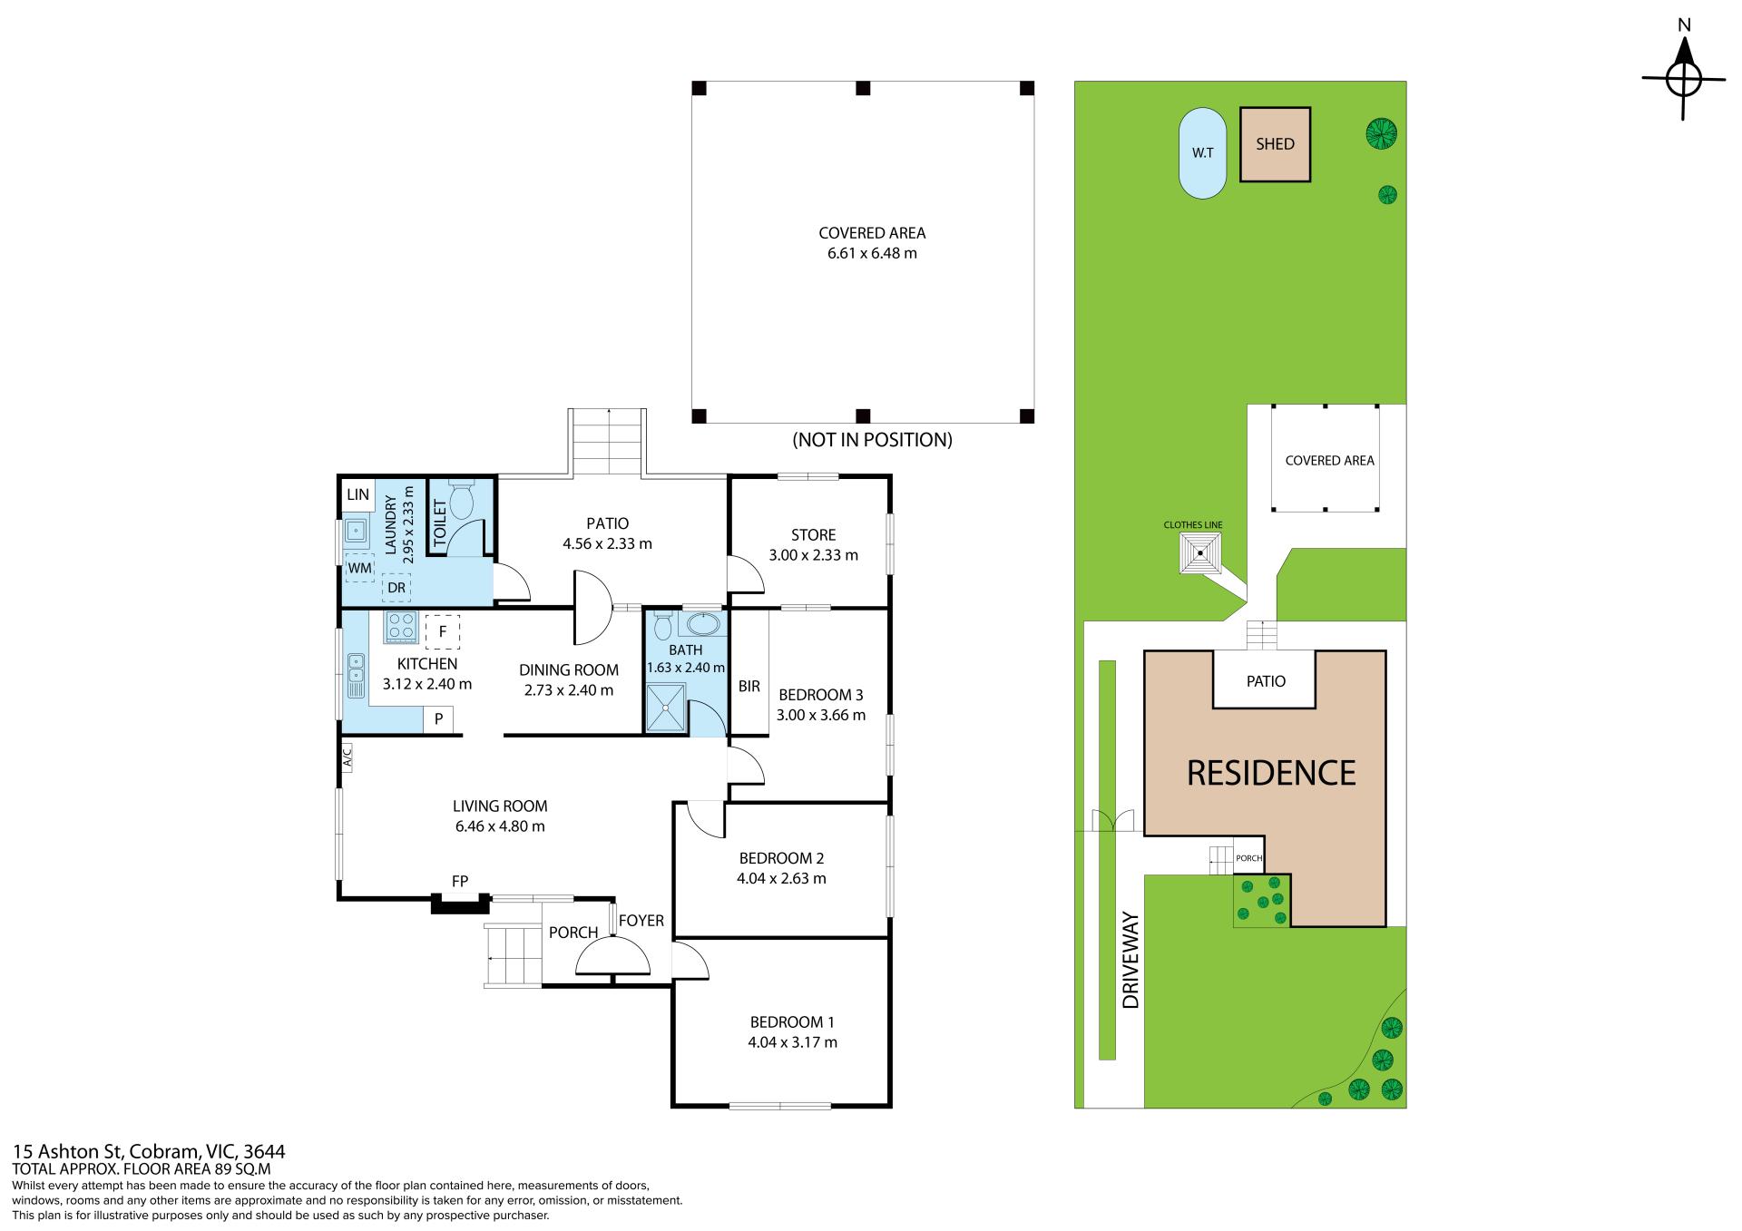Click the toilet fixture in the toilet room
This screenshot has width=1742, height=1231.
[463, 496]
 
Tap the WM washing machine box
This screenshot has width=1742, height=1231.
[360, 568]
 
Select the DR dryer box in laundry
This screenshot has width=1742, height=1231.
[396, 587]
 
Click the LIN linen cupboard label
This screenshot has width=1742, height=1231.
[358, 494]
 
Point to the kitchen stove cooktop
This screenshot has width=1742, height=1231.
[401, 627]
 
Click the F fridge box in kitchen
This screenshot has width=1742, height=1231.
[443, 631]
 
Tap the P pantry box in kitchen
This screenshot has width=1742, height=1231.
[438, 719]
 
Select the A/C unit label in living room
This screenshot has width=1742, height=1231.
[347, 757]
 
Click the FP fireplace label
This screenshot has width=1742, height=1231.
[460, 882]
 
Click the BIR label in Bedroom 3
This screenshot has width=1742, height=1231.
[749, 687]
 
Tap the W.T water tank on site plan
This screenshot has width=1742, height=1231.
[1202, 152]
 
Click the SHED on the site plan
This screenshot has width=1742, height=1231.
[1275, 144]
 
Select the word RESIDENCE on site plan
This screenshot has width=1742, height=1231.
[1271, 773]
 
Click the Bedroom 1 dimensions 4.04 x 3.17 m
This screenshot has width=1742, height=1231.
[792, 1042]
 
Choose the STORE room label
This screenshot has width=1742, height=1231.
[813, 535]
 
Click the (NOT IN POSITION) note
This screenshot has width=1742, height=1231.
[872, 440]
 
